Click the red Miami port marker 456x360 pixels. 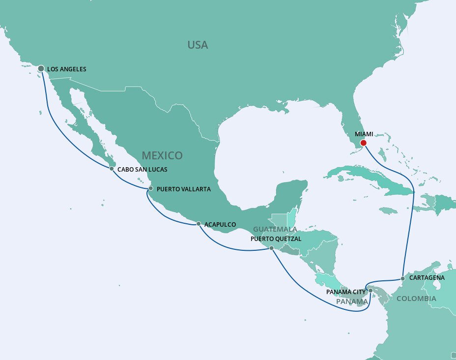(363, 143)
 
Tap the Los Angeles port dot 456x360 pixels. (41, 69)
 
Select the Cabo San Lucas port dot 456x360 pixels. (112, 169)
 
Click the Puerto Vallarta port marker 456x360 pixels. (150, 188)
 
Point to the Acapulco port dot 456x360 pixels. (198, 224)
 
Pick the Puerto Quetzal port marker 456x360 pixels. (272, 248)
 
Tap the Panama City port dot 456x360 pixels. (370, 291)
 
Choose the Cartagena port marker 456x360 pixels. (402, 278)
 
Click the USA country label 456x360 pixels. (198, 45)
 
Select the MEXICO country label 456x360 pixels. (162, 155)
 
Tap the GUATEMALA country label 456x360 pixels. (275, 230)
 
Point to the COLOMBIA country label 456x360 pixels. (416, 299)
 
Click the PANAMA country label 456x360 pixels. (352, 301)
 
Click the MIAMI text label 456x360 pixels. (364, 134)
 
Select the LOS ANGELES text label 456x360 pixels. (67, 69)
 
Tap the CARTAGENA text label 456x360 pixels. (427, 278)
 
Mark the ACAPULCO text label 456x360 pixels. (220, 224)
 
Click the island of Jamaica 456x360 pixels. (388, 210)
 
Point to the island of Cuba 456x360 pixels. (364, 180)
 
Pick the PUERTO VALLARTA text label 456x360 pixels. (184, 189)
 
